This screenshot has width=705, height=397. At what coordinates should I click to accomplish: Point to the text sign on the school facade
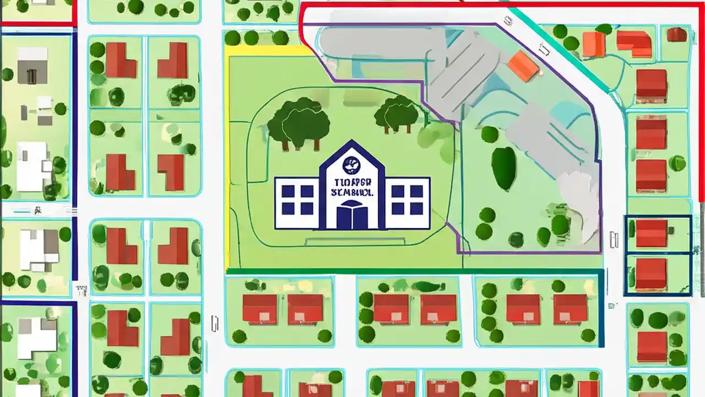coord(352,187)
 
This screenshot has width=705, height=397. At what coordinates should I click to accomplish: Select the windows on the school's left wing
coord(297,200)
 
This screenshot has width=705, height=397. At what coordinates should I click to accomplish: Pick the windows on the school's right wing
coord(407,200)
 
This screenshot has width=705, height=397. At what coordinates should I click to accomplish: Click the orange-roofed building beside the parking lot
coord(523,66)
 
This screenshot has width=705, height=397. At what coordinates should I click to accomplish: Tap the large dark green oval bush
coord(504,168)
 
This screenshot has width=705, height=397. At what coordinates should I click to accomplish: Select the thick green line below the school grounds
coord(413,271)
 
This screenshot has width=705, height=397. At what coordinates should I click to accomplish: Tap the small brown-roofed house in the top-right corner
coord(676,35)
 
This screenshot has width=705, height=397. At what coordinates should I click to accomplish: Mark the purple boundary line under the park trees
coord(529,253)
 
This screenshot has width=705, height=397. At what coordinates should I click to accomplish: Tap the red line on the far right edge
coord(701,110)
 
